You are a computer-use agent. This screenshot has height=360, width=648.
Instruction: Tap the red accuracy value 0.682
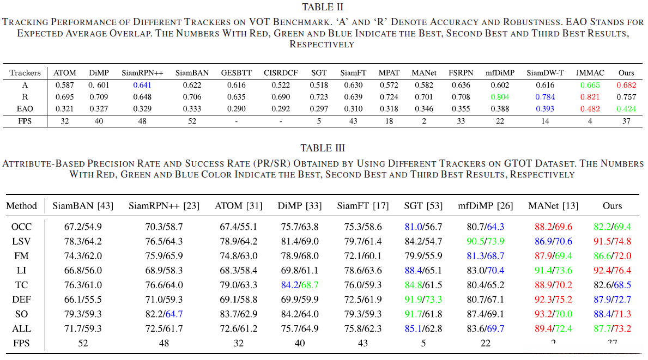click(x=626, y=85)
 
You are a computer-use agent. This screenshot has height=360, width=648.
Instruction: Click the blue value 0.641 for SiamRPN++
click(x=141, y=85)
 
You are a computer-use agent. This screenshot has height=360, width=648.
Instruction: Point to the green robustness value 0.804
click(x=500, y=97)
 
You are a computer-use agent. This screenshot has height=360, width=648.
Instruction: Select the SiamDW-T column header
click(x=545, y=72)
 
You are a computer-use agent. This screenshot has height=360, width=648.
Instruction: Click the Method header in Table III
click(x=22, y=206)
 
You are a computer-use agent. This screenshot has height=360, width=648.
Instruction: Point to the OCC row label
click(x=21, y=226)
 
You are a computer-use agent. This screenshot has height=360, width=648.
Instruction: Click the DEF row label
click(x=21, y=300)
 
